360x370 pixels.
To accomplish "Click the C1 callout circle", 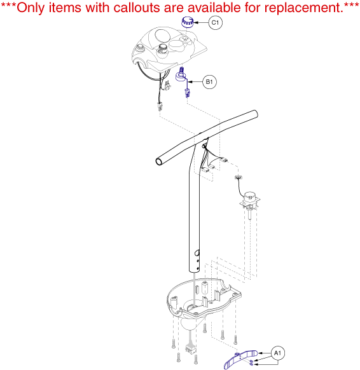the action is tap(215, 23).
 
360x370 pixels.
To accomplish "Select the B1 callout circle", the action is tap(209, 82).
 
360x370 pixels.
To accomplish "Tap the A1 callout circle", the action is tap(277, 353).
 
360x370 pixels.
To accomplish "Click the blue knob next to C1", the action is tap(187, 22).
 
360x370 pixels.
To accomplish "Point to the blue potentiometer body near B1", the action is tap(181, 76).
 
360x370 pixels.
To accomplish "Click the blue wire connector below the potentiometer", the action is tap(187, 93).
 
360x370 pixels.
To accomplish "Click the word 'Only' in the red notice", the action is tap(31, 8).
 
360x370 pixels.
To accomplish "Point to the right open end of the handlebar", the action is tap(255, 114).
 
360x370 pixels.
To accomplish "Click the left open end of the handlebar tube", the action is tap(159, 162).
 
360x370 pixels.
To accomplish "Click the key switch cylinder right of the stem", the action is tap(249, 196).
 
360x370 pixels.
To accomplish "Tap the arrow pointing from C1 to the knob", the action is tap(201, 23).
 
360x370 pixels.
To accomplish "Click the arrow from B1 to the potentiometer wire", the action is tap(195, 82).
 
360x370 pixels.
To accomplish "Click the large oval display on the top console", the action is tap(162, 35).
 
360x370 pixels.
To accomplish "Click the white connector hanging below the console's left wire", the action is tap(160, 107).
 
